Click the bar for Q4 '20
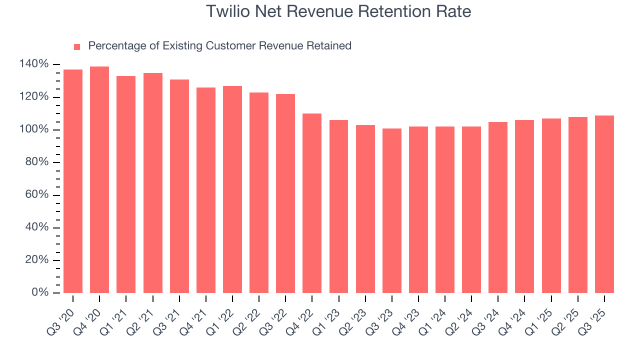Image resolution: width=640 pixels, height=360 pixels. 99,180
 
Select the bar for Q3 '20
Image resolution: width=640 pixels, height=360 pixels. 73,181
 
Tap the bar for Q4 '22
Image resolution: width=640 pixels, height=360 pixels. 312,203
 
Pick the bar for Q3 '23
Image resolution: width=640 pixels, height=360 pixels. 392,210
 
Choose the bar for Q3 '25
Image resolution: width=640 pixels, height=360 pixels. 604,204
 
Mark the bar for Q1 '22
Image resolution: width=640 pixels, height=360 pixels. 232,189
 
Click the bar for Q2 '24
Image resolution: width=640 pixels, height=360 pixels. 471,209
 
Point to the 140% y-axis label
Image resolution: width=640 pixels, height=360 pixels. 34,64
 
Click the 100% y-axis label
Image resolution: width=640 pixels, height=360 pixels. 34,129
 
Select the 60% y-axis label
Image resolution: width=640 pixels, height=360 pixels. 36,194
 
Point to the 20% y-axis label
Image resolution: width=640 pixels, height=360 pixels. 36,260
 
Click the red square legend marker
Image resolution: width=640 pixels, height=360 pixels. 77,47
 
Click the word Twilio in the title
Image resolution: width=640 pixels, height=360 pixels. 225,11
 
